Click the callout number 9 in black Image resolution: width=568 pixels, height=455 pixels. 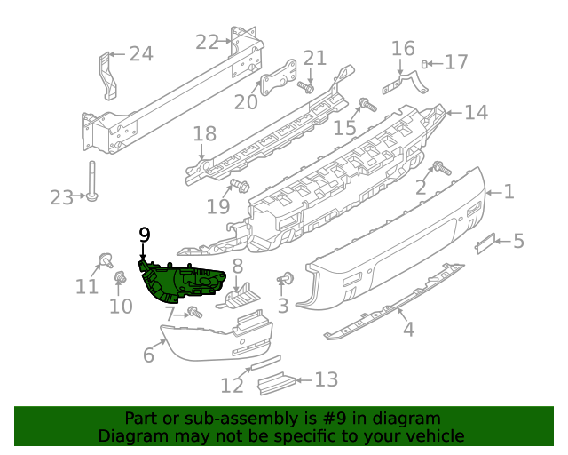point(145,235)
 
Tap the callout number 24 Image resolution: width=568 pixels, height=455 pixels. point(141,54)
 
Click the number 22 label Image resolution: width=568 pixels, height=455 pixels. point(207,42)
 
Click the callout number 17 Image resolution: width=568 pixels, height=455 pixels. point(456,62)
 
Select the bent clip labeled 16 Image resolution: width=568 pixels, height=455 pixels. point(405,83)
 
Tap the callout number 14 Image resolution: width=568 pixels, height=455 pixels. point(476,112)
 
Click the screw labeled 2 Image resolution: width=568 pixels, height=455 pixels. point(438,168)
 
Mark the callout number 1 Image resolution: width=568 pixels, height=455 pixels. point(509,190)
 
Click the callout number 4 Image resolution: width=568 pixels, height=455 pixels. point(407,330)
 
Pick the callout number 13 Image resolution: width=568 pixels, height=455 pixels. point(326,380)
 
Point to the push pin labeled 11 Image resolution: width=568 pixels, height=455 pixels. point(104,259)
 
